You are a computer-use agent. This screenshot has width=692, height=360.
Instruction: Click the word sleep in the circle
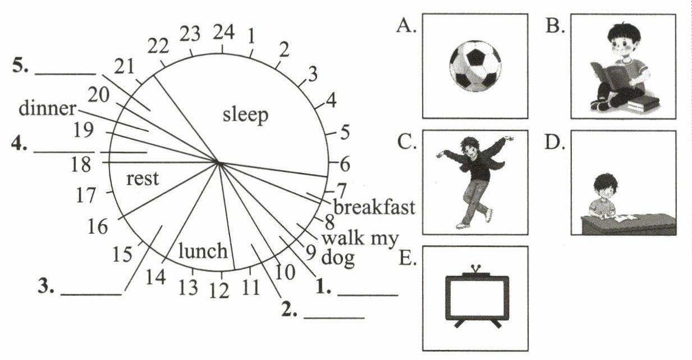click(x=245, y=115)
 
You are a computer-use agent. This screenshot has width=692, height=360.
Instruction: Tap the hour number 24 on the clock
click(x=223, y=34)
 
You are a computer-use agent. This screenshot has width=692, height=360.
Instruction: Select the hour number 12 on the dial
click(x=220, y=290)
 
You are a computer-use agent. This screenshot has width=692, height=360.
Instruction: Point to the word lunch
click(x=203, y=251)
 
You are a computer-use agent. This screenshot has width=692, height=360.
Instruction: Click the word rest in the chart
click(x=143, y=179)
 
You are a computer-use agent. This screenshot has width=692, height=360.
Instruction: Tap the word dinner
click(x=47, y=108)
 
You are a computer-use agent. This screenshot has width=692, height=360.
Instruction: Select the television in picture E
click(x=476, y=297)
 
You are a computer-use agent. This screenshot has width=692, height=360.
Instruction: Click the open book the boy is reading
click(x=609, y=75)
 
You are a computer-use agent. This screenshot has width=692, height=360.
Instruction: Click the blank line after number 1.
click(x=367, y=294)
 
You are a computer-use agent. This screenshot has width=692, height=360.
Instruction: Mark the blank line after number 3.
click(x=90, y=294)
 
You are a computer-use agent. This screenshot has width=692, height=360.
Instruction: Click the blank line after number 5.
click(x=66, y=73)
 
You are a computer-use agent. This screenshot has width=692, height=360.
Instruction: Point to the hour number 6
click(x=345, y=165)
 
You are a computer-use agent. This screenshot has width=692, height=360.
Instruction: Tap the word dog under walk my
click(x=338, y=259)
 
